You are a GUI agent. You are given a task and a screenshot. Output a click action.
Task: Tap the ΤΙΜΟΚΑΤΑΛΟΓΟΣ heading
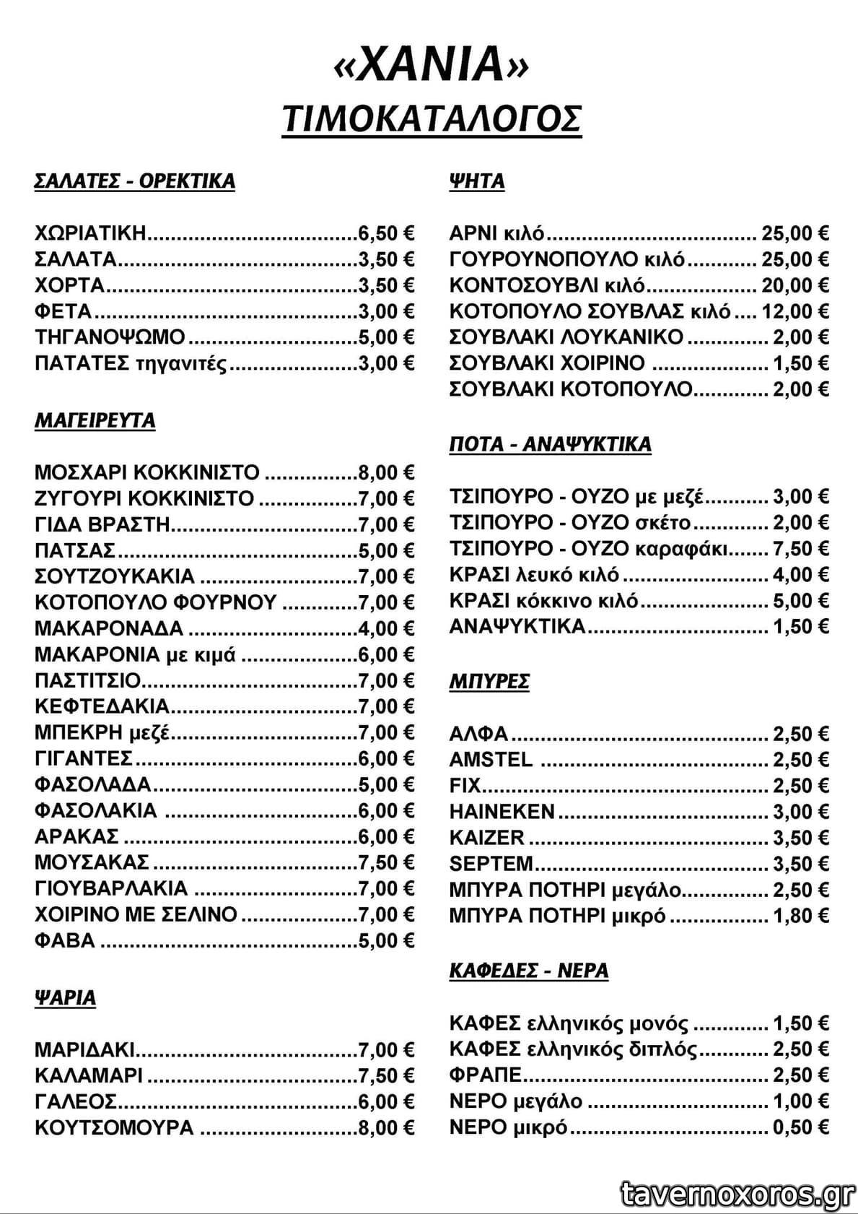431,119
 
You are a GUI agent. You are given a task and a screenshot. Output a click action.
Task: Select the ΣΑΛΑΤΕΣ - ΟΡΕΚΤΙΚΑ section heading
134,181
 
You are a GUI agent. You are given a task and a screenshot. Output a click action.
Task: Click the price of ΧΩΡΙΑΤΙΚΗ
386,233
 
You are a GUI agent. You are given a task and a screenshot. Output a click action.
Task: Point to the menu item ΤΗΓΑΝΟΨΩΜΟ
110,337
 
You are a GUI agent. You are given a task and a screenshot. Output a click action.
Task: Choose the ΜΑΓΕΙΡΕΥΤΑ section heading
95,420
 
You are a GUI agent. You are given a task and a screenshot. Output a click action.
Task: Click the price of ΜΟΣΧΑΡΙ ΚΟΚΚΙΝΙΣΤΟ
386,473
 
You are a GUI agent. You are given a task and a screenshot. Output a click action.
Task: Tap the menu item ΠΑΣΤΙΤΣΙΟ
87,681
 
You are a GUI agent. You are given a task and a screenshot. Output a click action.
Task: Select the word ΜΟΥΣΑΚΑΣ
92,863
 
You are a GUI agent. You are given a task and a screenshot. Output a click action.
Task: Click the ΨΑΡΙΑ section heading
65,997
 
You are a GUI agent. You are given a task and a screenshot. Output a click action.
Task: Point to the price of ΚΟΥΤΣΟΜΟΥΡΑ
386,1128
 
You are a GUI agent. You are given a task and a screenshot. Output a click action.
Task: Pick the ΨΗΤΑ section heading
476,181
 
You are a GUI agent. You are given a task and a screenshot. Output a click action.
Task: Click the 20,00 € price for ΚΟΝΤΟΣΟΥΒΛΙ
794,286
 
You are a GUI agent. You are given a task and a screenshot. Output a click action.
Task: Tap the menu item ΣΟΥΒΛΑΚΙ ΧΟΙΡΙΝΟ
547,363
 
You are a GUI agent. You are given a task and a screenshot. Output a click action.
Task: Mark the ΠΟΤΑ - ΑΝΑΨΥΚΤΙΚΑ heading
550,443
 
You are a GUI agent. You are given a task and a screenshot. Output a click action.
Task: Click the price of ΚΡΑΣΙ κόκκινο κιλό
800,601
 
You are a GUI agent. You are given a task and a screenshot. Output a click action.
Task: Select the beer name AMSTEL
491,760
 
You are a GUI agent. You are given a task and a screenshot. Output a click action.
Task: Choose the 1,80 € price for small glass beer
800,916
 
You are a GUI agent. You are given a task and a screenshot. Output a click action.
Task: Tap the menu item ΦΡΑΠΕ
485,1075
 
